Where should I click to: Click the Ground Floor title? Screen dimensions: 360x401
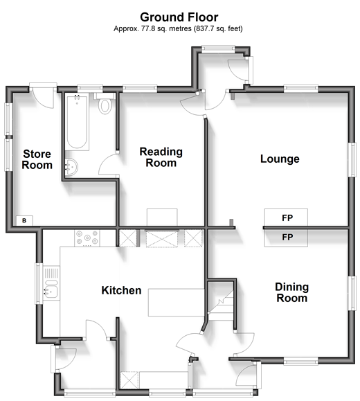click(x=179, y=17)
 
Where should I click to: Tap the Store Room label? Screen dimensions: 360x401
click(x=37, y=159)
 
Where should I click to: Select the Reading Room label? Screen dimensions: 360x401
click(x=161, y=157)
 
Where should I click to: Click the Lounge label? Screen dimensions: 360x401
click(x=280, y=159)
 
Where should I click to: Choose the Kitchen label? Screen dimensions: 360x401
click(x=121, y=290)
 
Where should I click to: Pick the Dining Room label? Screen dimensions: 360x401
click(x=292, y=292)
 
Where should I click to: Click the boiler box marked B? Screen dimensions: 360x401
click(x=24, y=220)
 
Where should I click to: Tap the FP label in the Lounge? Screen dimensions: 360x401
click(x=287, y=218)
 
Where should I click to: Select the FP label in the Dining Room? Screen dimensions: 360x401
click(x=287, y=238)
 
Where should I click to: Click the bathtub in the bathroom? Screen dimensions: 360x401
click(x=77, y=121)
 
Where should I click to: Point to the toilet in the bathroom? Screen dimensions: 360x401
click(x=105, y=104)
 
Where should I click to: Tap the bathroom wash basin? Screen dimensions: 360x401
click(x=71, y=167)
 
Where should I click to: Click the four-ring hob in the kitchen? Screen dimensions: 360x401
click(x=87, y=238)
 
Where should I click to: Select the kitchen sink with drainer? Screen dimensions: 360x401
click(x=51, y=283)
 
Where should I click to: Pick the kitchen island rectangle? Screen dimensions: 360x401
click(x=176, y=303)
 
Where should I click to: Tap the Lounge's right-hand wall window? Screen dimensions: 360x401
click(x=352, y=159)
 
